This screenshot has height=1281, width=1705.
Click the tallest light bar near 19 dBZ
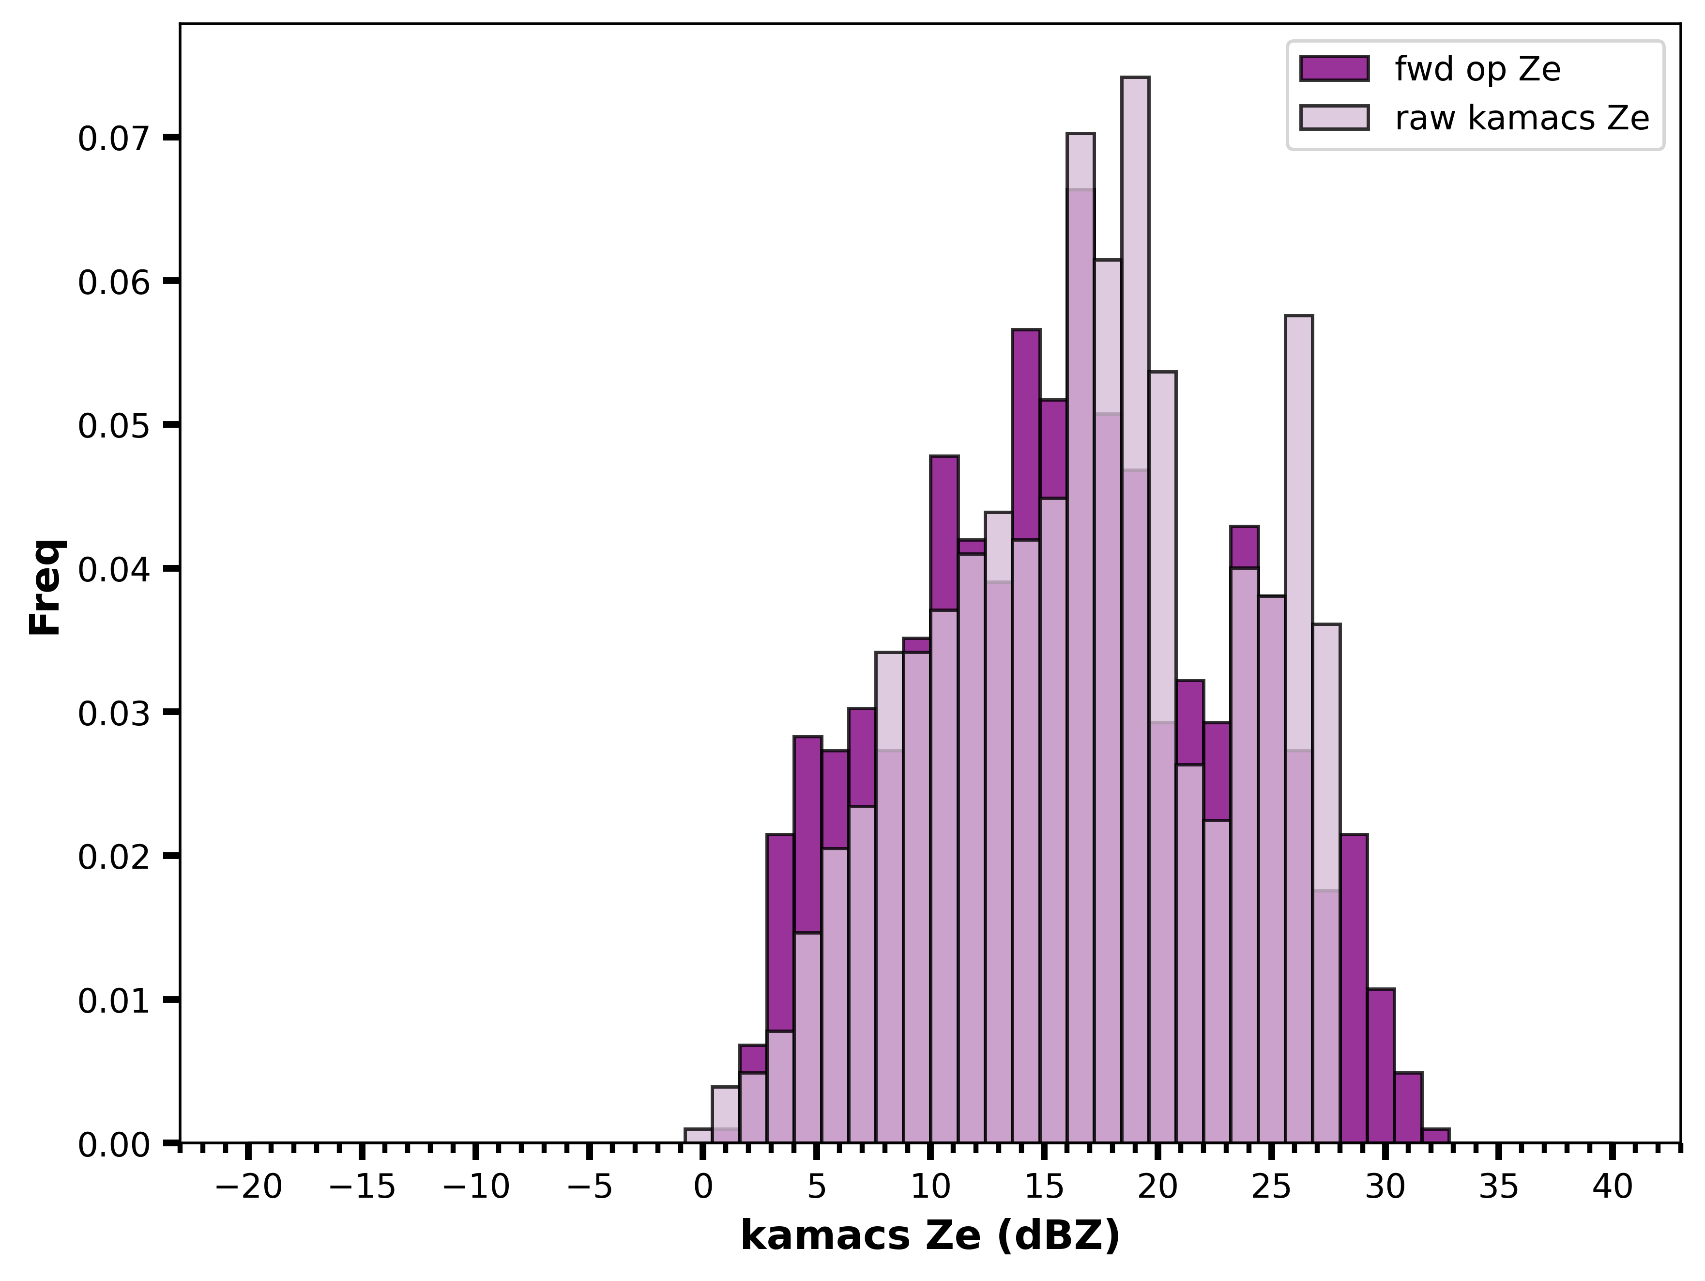(1135, 609)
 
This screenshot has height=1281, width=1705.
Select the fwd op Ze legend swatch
(1334, 69)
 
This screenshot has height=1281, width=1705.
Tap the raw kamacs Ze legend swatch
(1334, 117)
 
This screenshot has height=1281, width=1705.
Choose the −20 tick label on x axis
(248, 1187)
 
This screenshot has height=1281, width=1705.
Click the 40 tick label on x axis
(1613, 1187)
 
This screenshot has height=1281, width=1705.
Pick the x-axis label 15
(1044, 1187)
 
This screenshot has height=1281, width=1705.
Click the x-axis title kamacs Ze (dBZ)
(930, 1237)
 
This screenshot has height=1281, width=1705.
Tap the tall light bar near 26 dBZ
(1299, 729)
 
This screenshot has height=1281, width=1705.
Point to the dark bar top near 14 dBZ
(1026, 330)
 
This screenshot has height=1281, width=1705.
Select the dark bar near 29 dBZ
(1354, 988)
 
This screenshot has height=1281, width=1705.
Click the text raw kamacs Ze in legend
(1522, 117)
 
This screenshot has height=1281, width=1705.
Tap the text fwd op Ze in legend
(1477, 69)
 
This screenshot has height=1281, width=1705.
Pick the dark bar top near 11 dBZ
(944, 456)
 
